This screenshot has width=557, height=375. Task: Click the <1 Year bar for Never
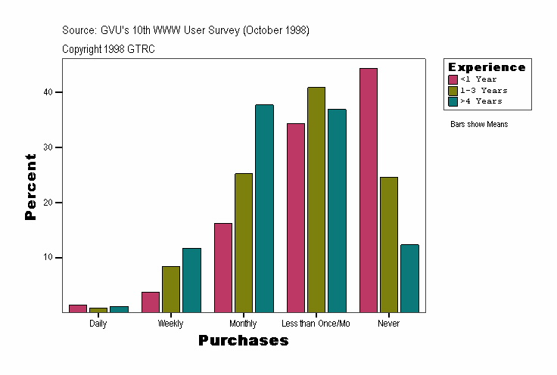pyautogui.click(x=369, y=190)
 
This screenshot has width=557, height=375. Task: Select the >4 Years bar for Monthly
pyautogui.click(x=264, y=208)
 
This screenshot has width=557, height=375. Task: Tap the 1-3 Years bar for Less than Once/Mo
pyautogui.click(x=316, y=200)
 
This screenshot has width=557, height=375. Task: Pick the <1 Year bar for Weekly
pyautogui.click(x=151, y=302)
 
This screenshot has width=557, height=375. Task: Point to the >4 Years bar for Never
pyautogui.click(x=409, y=277)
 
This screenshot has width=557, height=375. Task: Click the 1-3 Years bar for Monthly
pyautogui.click(x=244, y=243)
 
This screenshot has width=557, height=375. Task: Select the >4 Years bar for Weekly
pyautogui.click(x=191, y=280)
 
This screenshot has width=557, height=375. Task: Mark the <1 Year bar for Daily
pyautogui.click(x=78, y=308)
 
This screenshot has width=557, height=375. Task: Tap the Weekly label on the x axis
pyautogui.click(x=170, y=324)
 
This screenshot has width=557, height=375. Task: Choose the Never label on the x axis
pyautogui.click(x=388, y=324)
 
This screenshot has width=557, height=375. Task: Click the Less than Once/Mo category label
pyautogui.click(x=316, y=324)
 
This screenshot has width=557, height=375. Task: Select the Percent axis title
pyautogui.click(x=30, y=187)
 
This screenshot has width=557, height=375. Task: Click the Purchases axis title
pyautogui.click(x=243, y=341)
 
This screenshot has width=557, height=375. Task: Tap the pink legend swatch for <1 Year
pyautogui.click(x=453, y=79)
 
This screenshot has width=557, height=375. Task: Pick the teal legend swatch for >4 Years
pyautogui.click(x=453, y=101)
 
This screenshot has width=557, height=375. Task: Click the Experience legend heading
pyautogui.click(x=487, y=67)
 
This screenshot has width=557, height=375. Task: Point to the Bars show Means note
pyautogui.click(x=479, y=125)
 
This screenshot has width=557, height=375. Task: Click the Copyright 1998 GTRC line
pyautogui.click(x=108, y=49)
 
